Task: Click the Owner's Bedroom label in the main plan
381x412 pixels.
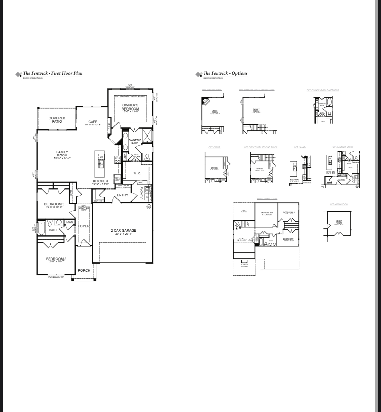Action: tap(130, 107)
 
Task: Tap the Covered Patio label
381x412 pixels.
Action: tap(57, 120)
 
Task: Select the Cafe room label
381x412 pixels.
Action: tap(93, 123)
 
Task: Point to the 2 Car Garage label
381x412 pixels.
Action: tap(123, 232)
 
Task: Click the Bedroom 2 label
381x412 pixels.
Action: tap(56, 260)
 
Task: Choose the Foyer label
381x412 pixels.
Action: tap(84, 226)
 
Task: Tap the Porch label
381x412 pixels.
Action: tap(84, 270)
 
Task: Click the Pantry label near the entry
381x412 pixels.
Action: tap(98, 201)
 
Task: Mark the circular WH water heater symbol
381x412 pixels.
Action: tap(149, 207)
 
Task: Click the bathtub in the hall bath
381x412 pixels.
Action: tap(41, 228)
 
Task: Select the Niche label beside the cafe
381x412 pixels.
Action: tap(109, 126)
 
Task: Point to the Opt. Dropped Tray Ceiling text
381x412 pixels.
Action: tap(130, 97)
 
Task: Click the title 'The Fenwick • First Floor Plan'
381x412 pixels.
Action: tap(52, 73)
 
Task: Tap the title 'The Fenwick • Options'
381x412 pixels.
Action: tap(225, 73)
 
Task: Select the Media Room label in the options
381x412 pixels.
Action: tap(339, 222)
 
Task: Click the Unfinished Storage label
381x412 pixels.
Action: tap(267, 214)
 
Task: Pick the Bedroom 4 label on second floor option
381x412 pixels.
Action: tap(289, 239)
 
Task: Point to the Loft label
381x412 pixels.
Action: tap(242, 239)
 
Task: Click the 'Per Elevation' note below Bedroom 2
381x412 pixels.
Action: tap(56, 277)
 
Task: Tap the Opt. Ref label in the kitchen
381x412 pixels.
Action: tap(118, 179)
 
